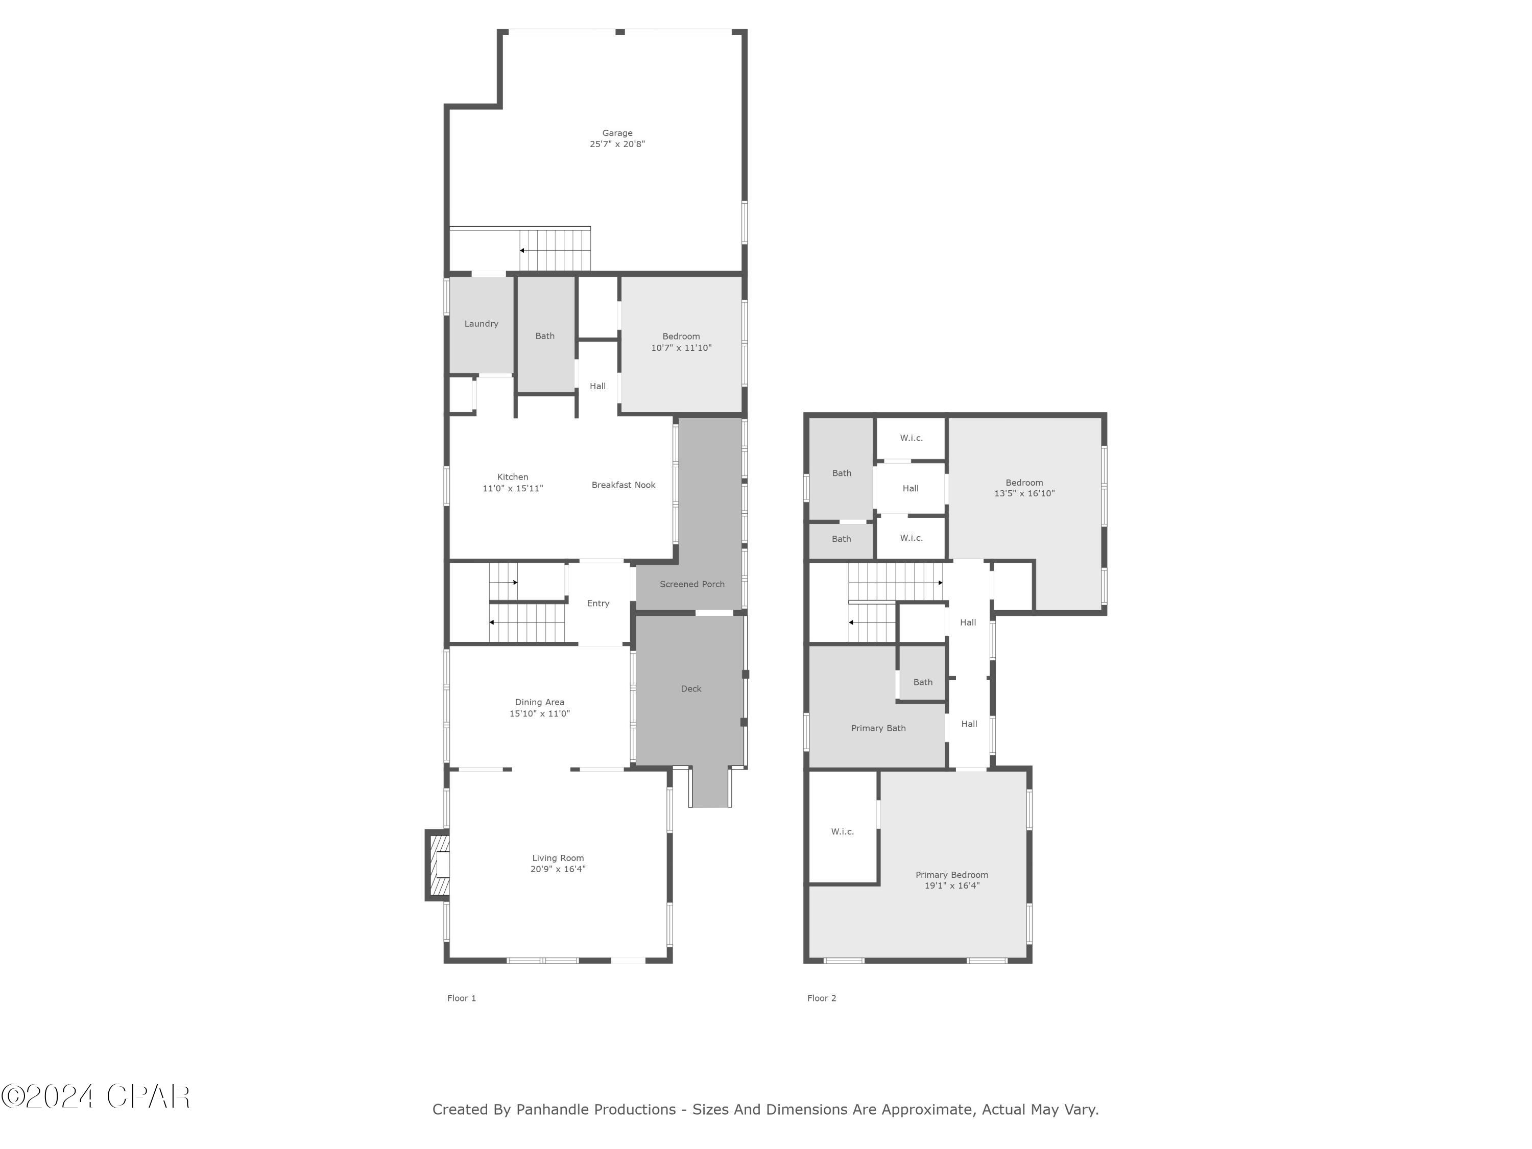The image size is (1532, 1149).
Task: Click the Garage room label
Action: point(616,133)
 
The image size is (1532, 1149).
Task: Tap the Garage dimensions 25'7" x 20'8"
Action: point(616,144)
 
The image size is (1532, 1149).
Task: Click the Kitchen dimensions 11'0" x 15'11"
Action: point(513,488)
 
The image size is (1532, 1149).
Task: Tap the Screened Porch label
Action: point(691,584)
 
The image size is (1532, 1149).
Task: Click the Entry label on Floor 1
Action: point(597,603)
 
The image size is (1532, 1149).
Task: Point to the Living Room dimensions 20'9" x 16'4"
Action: point(558,869)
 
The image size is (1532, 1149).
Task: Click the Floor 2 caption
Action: point(821,998)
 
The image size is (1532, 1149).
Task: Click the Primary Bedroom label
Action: point(951,875)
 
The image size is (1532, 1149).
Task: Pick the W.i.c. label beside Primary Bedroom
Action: point(842,831)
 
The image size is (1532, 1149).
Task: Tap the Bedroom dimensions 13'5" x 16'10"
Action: point(1024,494)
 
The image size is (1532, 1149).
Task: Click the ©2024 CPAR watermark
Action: point(95,1096)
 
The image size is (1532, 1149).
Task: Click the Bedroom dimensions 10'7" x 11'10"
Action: point(681,348)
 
